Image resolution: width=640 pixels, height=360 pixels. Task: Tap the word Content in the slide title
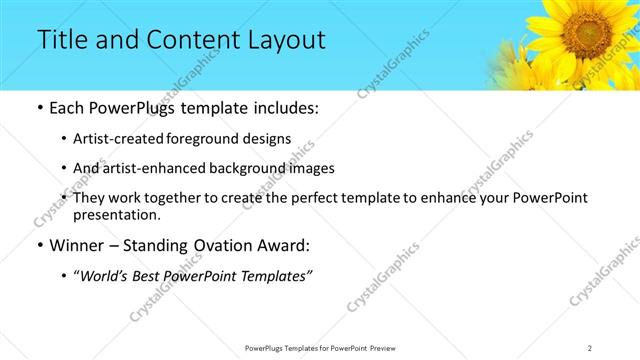pyautogui.click(x=187, y=40)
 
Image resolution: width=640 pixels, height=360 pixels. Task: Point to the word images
pyautogui.click(x=313, y=168)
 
